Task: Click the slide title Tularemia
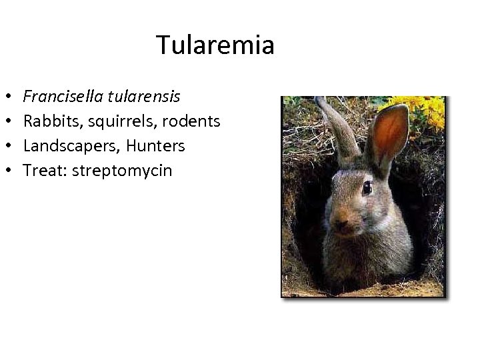(x=215, y=45)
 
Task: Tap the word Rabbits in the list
(x=49, y=121)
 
